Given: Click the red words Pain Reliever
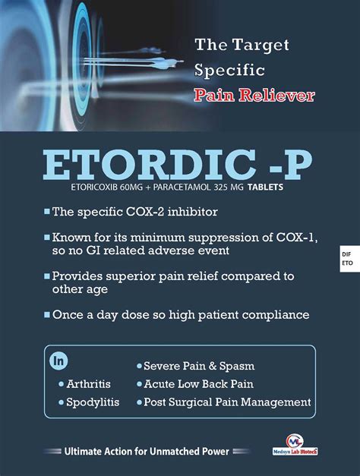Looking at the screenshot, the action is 254,95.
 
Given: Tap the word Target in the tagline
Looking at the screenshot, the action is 261,46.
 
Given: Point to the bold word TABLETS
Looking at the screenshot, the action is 265,187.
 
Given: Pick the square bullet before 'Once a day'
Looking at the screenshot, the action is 47,314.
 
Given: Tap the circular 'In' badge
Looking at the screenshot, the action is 58,361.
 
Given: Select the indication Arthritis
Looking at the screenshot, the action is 88,384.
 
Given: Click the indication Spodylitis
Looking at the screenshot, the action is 93,402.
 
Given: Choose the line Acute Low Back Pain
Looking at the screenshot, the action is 199,384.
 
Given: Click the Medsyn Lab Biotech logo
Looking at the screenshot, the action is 295,445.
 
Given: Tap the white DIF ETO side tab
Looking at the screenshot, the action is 349,259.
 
